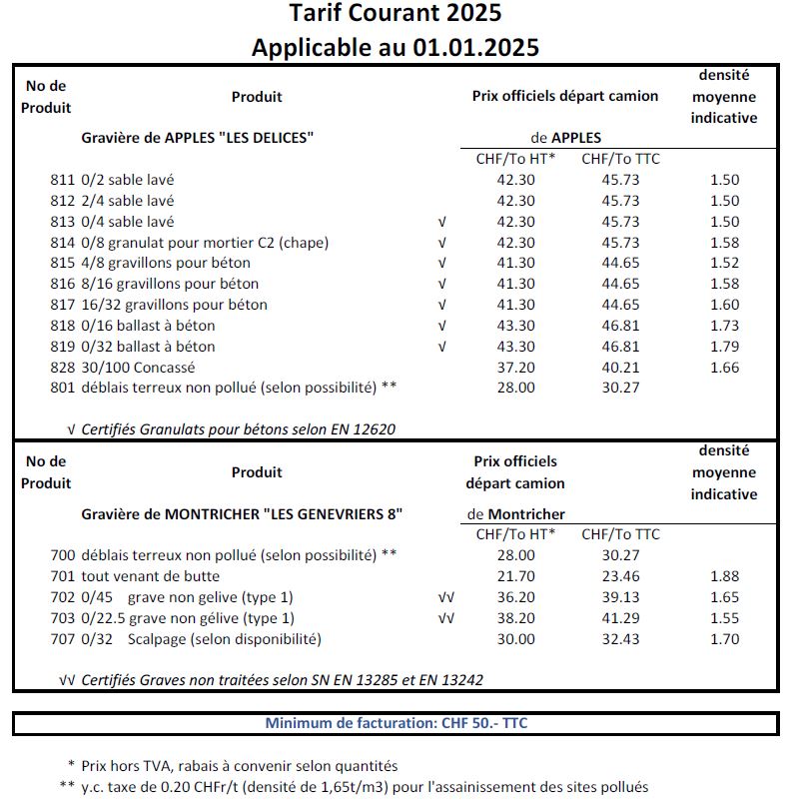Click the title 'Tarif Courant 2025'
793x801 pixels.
pyautogui.click(x=396, y=14)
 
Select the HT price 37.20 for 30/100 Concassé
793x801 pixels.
pyautogui.click(x=515, y=368)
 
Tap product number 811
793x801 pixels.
pyautogui.click(x=62, y=180)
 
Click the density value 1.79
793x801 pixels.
pyautogui.click(x=724, y=347)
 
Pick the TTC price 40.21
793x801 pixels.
pyautogui.click(x=620, y=368)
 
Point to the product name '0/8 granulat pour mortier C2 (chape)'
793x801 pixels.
pyautogui.click(x=205, y=243)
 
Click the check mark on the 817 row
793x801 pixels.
pyautogui.click(x=441, y=305)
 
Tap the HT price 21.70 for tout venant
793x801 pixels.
pyautogui.click(x=515, y=576)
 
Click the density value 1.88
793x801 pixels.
pyautogui.click(x=724, y=576)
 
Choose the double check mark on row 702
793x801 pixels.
pyautogui.click(x=445, y=597)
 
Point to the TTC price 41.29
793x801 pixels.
pyautogui.click(x=620, y=618)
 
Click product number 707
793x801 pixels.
pyautogui.click(x=62, y=639)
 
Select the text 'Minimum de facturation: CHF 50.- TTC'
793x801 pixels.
pyautogui.click(x=396, y=723)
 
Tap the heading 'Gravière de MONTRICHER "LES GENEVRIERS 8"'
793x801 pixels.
pyautogui.click(x=242, y=513)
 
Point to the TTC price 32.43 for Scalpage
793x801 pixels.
pyautogui.click(x=620, y=639)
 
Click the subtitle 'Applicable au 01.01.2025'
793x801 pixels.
pyautogui.click(x=396, y=47)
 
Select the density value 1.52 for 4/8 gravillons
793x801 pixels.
pyautogui.click(x=724, y=264)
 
